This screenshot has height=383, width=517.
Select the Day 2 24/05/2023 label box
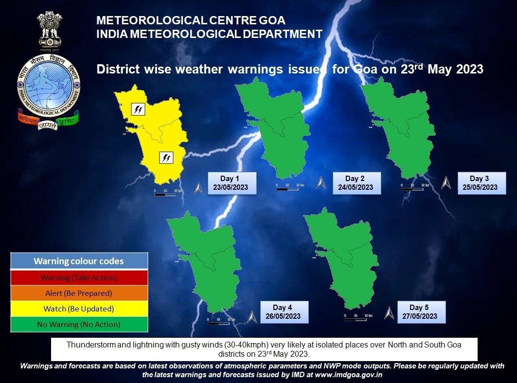point(357,183)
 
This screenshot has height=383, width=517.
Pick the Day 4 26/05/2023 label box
point(285,312)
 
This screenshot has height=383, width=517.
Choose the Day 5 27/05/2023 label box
point(421,312)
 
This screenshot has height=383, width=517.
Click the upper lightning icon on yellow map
point(138,109)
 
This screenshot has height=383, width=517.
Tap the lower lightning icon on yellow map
point(166,157)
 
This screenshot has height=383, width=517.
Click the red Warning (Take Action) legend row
point(79,278)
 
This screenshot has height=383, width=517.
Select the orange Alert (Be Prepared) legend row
point(79,293)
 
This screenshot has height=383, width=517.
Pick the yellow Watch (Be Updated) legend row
point(79,309)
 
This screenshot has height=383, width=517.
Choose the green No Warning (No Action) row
point(79,324)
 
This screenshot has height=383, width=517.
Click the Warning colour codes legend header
point(79,261)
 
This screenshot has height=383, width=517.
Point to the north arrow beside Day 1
point(198,188)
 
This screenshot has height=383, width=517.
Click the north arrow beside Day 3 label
point(446,183)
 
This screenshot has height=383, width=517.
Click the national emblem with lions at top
point(49,32)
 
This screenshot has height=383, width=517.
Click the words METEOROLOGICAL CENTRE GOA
point(191,21)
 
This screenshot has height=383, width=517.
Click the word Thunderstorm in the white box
point(89,345)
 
